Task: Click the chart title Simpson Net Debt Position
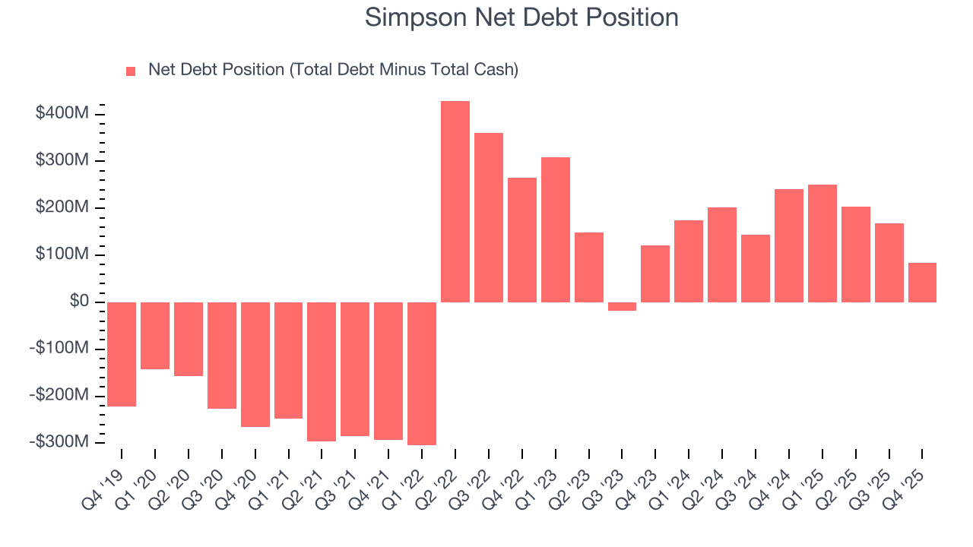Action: (521, 17)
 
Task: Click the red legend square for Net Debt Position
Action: (131, 71)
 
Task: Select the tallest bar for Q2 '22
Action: (455, 201)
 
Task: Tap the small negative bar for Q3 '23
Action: (622, 306)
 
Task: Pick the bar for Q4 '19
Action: (122, 354)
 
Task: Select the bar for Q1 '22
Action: (422, 373)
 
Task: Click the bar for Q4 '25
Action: (922, 283)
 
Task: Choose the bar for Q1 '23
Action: (556, 229)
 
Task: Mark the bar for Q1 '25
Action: (822, 243)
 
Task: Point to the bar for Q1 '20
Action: (155, 335)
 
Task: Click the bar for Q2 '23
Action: (589, 267)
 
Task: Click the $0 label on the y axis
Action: (78, 302)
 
